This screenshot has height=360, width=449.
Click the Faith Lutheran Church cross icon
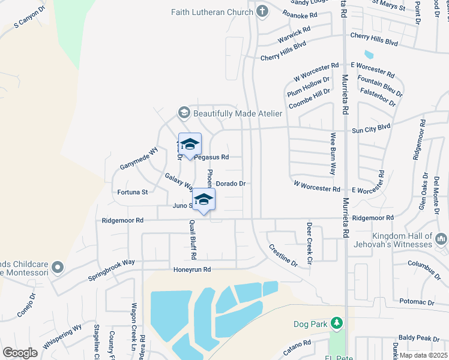[262, 11]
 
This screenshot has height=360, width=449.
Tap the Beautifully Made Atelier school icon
[184, 113]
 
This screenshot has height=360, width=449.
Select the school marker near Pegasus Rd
[190, 145]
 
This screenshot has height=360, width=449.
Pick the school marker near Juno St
[203, 200]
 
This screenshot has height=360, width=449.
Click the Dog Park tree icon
[336, 324]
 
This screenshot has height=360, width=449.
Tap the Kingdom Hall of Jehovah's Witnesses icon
[442, 239]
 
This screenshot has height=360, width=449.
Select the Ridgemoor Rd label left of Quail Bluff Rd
[122, 220]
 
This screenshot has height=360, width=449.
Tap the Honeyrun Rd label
[191, 269]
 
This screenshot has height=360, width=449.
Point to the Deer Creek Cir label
[310, 236]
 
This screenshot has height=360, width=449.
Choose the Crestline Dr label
[283, 255]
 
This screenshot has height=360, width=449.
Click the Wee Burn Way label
[332, 154]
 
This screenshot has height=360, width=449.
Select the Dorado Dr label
[231, 183]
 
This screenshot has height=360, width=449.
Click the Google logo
[20, 352]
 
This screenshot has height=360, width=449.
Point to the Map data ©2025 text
[423, 355]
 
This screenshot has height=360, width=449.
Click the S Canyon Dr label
[29, 19]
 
